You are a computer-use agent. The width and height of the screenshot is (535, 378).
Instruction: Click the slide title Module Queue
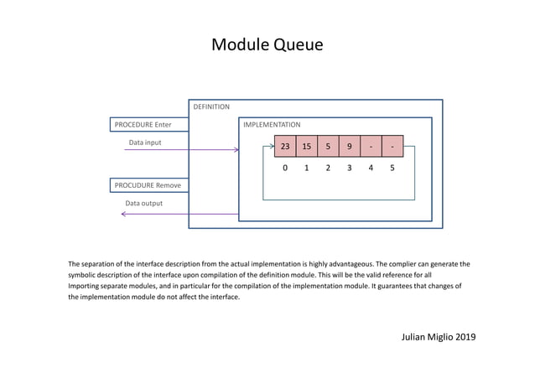(267, 45)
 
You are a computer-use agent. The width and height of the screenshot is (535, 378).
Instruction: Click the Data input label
(144, 142)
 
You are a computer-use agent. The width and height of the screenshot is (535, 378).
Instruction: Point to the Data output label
(143, 203)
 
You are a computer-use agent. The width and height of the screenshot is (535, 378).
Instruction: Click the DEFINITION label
(211, 107)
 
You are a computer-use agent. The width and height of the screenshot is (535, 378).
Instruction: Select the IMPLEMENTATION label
(272, 125)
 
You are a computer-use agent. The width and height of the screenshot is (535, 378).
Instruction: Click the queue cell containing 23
(285, 147)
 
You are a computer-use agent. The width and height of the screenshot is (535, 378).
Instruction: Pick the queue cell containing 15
(307, 147)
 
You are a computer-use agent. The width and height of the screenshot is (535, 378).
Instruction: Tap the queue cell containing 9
(350, 147)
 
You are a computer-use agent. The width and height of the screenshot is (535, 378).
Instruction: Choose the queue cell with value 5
(328, 147)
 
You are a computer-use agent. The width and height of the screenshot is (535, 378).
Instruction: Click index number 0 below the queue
(285, 168)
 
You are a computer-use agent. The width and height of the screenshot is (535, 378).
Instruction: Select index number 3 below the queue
(350, 168)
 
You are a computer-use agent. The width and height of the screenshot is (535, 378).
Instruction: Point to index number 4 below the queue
(371, 168)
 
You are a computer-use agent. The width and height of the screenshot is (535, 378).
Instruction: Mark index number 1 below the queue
(307, 168)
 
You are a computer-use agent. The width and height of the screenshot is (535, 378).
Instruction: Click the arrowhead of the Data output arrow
(124, 214)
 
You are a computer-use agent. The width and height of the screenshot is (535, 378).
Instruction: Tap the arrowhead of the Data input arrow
(236, 150)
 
